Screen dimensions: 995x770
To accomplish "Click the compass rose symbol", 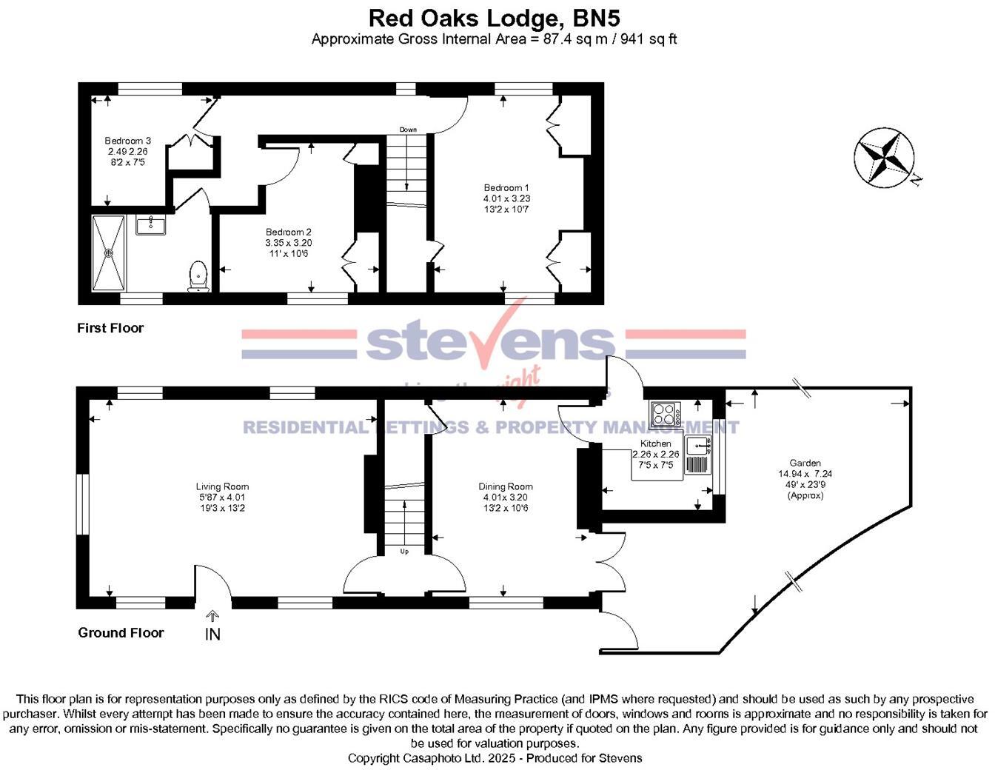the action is point(883,156).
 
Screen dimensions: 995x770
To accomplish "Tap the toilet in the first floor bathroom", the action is point(198,275).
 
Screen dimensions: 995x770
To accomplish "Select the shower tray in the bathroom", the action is point(109,253).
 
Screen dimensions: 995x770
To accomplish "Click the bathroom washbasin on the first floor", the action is point(151,223).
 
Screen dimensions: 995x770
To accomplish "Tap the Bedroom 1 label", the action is point(507,198).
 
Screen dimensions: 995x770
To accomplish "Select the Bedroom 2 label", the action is point(289,243).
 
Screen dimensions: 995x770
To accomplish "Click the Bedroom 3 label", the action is point(128,151).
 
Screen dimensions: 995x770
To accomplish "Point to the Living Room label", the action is point(222,497).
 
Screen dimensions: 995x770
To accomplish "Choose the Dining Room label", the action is point(506,497).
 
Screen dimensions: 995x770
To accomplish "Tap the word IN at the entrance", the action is point(212,634).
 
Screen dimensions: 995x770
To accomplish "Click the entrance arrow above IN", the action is point(212,616).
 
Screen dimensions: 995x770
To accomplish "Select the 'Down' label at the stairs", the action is point(408,130).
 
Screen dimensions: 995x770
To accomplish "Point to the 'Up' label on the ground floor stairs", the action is point(404,552).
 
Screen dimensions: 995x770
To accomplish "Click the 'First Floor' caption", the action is point(110,328).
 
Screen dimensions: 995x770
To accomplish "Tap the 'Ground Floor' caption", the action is point(121,632).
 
